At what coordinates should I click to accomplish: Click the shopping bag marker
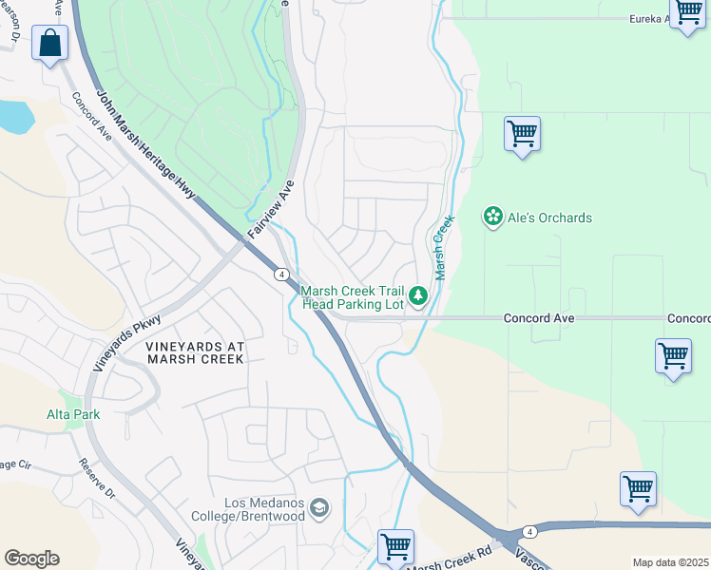pyautogui.click(x=49, y=43)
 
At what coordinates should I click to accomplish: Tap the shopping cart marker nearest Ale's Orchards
pyautogui.click(x=522, y=134)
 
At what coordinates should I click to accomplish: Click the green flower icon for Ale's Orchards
pyautogui.click(x=493, y=218)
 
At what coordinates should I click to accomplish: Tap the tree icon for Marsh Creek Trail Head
pyautogui.click(x=418, y=297)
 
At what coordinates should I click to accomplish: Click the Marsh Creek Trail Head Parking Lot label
pyautogui.click(x=352, y=297)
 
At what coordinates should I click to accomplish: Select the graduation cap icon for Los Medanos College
pyautogui.click(x=319, y=508)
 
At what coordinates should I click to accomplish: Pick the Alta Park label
pyautogui.click(x=73, y=414)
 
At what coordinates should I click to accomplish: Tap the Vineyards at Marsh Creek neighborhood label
pyautogui.click(x=195, y=353)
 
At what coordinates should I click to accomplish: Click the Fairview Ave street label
pyautogui.click(x=271, y=210)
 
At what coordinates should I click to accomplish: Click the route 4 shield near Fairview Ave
pyautogui.click(x=282, y=275)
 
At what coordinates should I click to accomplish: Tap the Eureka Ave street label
pyautogui.click(x=661, y=19)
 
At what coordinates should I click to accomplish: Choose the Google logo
pyautogui.click(x=31, y=559)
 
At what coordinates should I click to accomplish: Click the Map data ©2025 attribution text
pyautogui.click(x=670, y=562)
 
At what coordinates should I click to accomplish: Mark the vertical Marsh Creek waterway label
pyautogui.click(x=443, y=246)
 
